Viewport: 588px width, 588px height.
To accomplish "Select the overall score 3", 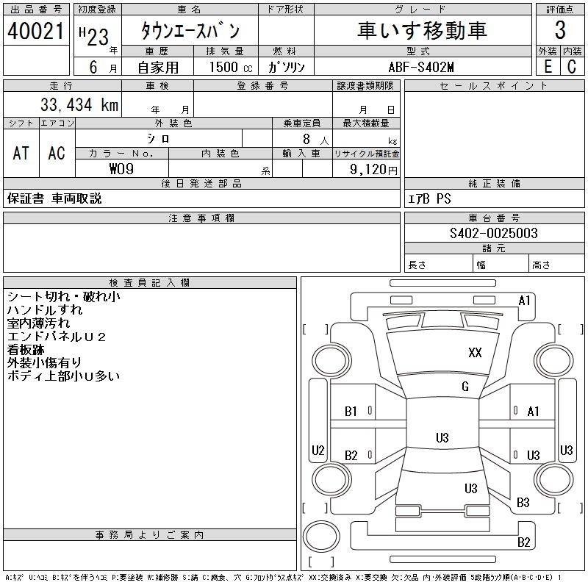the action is point(560,30).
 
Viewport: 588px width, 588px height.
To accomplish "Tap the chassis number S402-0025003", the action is point(494,233).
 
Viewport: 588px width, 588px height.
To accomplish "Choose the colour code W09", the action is point(122,169).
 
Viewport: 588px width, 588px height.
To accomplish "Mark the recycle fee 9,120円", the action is point(375,169).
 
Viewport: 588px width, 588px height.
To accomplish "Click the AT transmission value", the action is point(21,153).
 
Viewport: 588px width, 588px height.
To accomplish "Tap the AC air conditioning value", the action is point(57,153).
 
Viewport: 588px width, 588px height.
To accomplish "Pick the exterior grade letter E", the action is point(548,67).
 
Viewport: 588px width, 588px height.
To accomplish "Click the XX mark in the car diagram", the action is point(475,353).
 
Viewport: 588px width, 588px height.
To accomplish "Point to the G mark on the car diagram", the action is point(465,387).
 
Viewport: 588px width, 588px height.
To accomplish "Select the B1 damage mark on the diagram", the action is point(351,412).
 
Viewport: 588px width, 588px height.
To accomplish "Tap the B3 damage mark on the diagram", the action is point(523,503).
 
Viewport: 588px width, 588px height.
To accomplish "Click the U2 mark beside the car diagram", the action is point(318,450).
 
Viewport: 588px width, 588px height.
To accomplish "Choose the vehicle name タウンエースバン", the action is point(190,30).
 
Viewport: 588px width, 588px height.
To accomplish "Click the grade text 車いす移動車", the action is point(422,30).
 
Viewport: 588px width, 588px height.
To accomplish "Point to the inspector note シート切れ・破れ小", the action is point(63,296).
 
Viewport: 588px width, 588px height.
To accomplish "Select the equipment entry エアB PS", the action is point(430,198).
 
